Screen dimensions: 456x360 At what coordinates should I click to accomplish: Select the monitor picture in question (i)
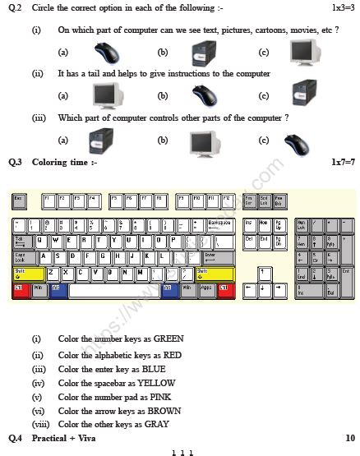tap(304, 52)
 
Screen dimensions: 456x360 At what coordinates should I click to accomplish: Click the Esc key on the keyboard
tap(20, 200)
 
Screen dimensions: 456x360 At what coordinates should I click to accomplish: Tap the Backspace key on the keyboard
tap(219, 225)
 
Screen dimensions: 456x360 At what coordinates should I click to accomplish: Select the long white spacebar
tap(115, 289)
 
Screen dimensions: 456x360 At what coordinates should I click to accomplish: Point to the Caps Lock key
tap(22, 257)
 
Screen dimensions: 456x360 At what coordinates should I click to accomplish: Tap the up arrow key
tap(264, 273)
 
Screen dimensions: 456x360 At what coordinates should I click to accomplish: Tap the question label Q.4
tap(16, 439)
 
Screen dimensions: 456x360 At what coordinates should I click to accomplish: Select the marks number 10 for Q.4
tap(349, 439)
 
